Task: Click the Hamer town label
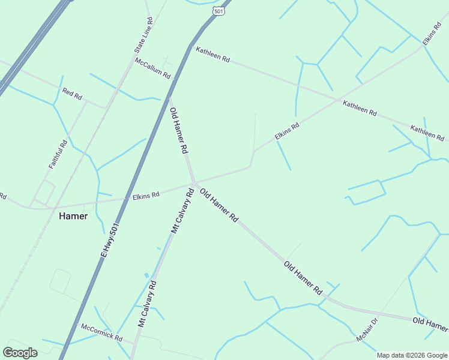point(73,216)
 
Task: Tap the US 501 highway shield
point(218,11)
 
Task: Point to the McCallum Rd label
point(152,69)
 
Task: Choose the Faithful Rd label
point(58,154)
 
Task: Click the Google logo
point(20,352)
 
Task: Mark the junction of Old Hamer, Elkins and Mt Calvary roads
point(194,182)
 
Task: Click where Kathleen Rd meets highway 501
point(190,48)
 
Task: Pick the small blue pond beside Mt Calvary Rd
point(146,275)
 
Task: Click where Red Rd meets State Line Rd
point(106,108)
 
